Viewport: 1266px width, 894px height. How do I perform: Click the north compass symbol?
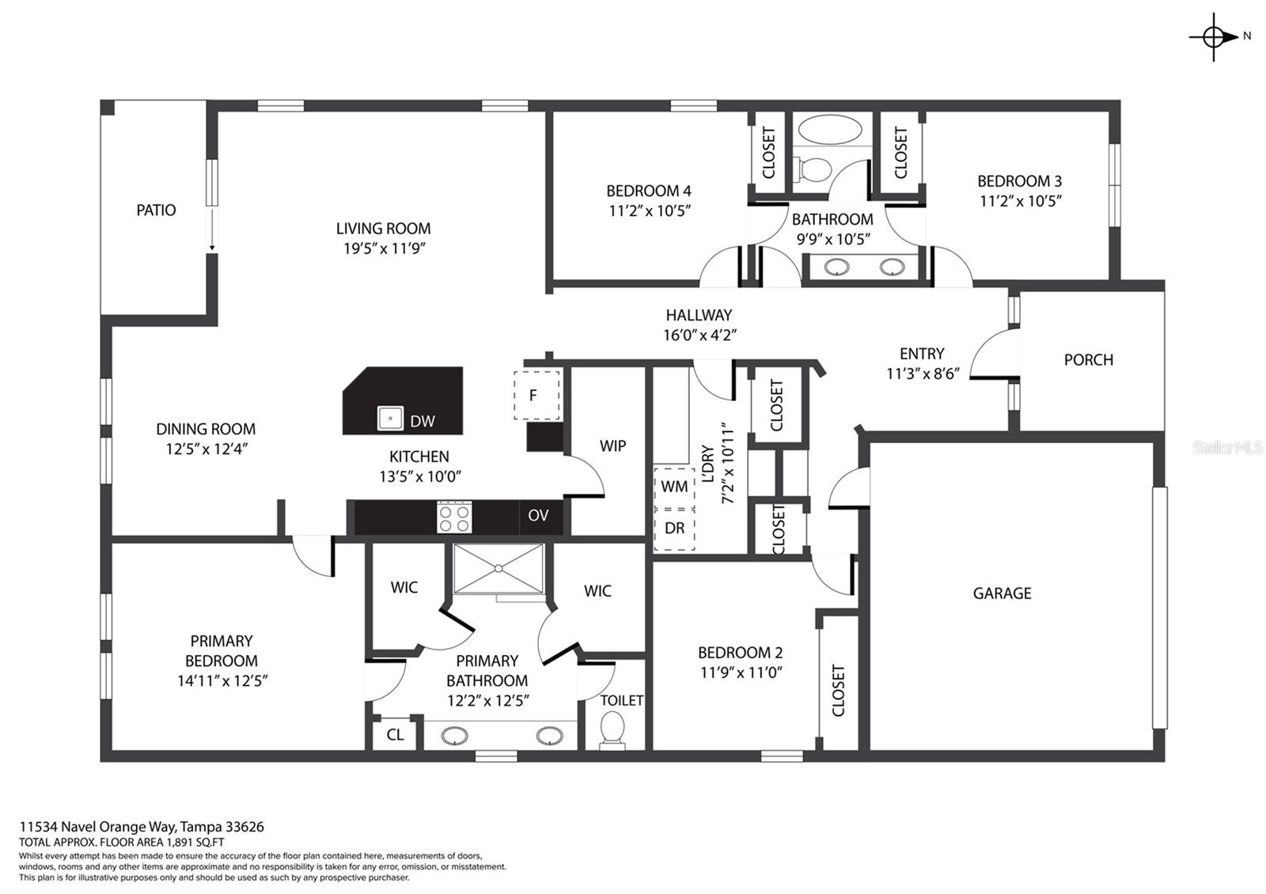1214,37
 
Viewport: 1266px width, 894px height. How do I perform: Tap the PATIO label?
156,210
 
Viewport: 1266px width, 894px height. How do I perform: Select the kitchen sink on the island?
390,419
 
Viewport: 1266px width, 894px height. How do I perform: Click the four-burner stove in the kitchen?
454,517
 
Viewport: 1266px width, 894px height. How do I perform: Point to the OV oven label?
538,515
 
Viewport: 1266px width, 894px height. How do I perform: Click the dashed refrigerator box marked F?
536,395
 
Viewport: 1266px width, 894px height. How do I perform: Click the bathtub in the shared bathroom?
830,130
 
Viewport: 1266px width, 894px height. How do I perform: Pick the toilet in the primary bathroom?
612,731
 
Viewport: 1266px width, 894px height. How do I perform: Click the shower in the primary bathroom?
498,569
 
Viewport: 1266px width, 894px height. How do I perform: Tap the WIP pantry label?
612,446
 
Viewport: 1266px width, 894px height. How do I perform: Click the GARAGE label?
1002,593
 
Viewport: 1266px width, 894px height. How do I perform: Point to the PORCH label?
1089,360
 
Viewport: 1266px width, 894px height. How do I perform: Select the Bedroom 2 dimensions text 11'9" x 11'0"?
741,672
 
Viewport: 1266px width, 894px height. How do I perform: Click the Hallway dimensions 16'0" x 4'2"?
699,335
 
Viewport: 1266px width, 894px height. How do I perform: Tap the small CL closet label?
395,735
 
